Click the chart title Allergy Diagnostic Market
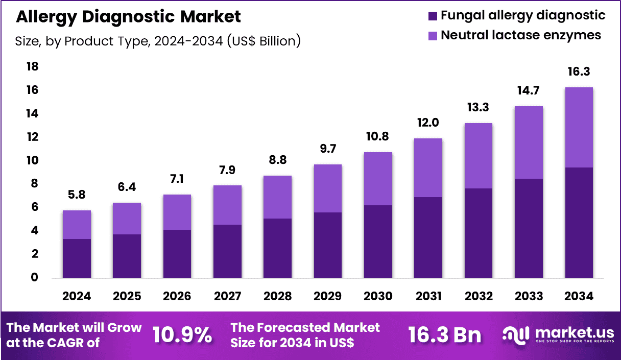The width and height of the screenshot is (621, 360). (128, 16)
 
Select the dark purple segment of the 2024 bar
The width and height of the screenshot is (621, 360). (77, 258)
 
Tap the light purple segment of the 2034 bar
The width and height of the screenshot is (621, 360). (579, 127)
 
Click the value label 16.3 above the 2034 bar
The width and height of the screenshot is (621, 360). (579, 71)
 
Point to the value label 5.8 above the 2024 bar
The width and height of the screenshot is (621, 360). (77, 195)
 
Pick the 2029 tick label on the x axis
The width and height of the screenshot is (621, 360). (327, 296)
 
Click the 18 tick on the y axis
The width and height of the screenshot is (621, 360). (32, 67)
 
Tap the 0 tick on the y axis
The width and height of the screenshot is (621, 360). (34, 278)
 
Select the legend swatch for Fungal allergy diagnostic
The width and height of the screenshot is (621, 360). (433, 16)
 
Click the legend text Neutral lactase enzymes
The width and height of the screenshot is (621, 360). (521, 35)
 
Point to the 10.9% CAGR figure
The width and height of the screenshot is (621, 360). (182, 335)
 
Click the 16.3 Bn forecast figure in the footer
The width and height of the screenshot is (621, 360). (444, 335)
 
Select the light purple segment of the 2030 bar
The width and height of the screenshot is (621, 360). (377, 179)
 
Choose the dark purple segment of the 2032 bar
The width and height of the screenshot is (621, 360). (478, 233)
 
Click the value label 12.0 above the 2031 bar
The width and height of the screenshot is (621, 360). (428, 123)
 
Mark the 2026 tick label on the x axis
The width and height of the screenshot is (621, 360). (177, 296)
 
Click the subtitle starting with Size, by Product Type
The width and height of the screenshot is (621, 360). (158, 41)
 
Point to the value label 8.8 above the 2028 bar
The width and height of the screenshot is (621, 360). (277, 160)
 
